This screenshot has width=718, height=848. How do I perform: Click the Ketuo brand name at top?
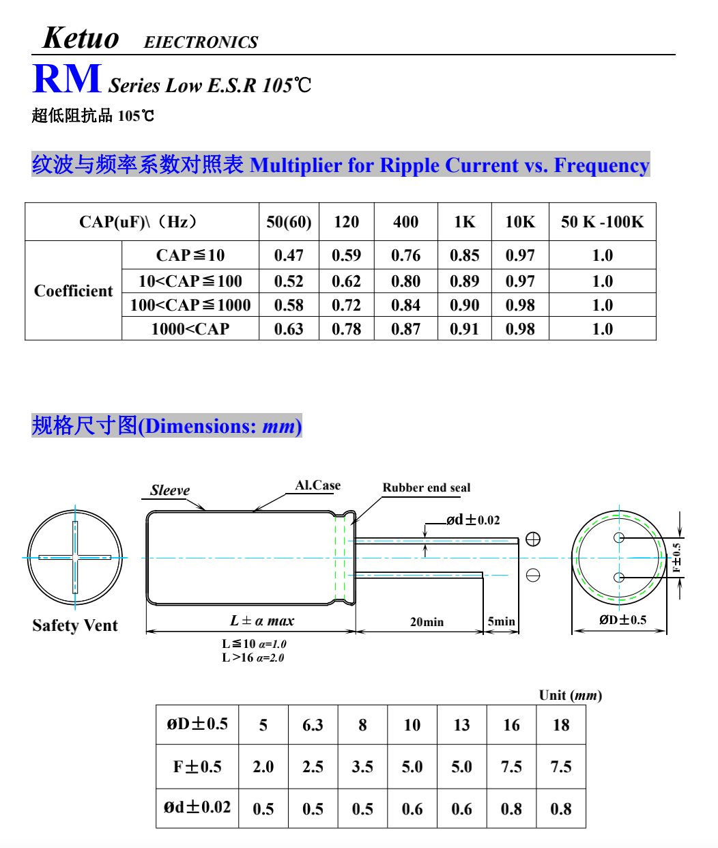pos(81,38)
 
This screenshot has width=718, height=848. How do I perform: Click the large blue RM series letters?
pos(67,79)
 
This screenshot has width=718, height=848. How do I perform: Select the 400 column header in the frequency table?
pos(405,222)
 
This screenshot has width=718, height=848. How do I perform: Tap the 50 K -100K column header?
pos(602,222)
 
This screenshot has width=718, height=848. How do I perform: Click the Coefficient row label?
pos(73,291)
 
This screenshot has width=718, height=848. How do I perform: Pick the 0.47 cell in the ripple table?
pos(289,255)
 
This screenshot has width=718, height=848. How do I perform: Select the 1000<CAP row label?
pos(190,329)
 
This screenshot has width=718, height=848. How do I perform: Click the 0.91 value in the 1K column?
pos(464,329)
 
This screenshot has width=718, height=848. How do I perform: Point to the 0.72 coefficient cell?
pos(346,305)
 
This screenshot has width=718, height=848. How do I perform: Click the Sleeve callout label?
pos(170,490)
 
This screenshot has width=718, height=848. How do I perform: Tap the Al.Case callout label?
pos(317,485)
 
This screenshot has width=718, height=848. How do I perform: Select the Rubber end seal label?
pos(426,487)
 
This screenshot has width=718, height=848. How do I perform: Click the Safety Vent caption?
pos(75,625)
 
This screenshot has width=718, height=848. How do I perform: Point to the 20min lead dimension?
pos(427,622)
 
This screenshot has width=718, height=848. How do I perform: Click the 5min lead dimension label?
pos(501,621)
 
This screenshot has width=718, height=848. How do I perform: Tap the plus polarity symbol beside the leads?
pos(533,539)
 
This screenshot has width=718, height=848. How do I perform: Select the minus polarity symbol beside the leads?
pos(533,575)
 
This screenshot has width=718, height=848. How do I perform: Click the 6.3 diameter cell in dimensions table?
pos(313,725)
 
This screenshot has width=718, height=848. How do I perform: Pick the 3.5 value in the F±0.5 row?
pos(362,767)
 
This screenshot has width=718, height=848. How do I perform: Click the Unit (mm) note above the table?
pos(570,695)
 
